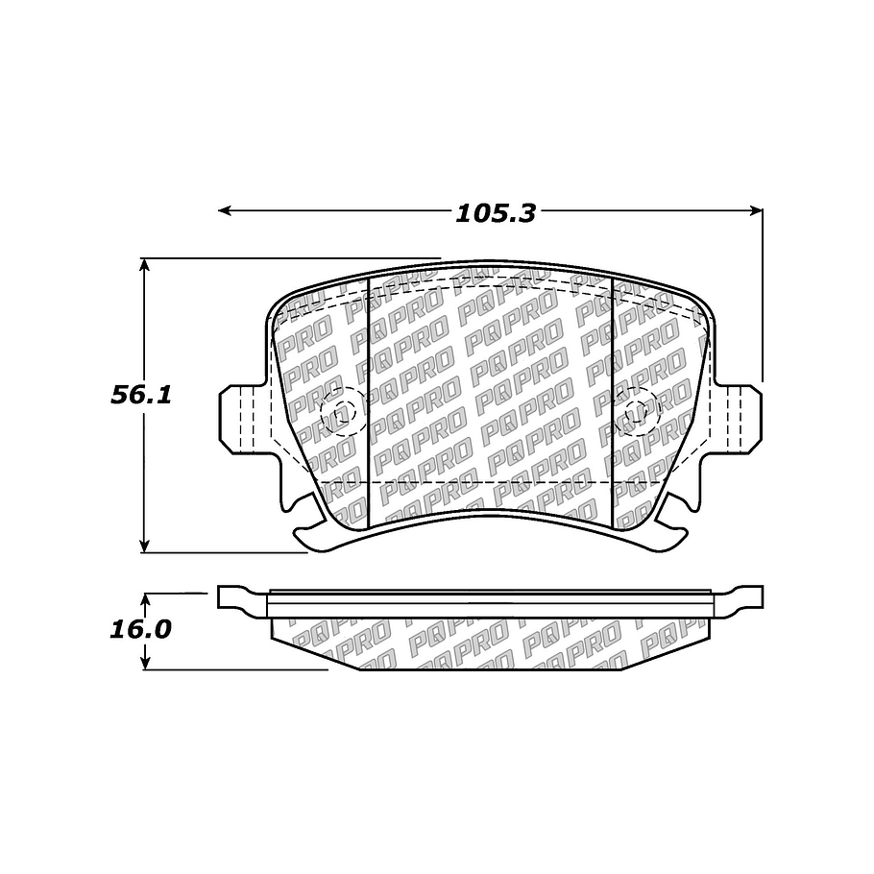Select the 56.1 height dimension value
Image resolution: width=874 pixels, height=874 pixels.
click(x=140, y=395)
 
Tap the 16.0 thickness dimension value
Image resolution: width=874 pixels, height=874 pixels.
click(x=140, y=630)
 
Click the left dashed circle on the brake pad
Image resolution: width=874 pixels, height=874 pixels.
click(x=337, y=413)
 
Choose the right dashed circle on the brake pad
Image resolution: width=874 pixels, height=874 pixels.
click(x=640, y=413)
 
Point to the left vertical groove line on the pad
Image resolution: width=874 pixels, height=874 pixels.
click(x=370, y=403)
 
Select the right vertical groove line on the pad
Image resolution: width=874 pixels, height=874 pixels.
click(x=613, y=403)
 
